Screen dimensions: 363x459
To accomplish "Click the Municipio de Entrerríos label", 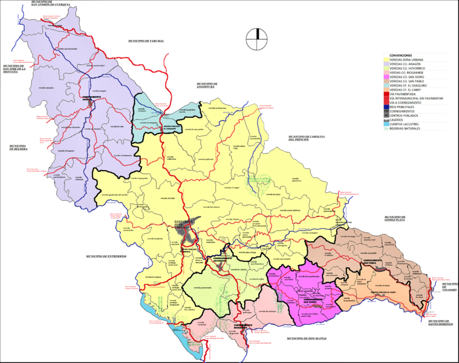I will pyautogui.click(x=106, y=257).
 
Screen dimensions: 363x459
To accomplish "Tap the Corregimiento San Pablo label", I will pyautogui.click(x=377, y=260).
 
